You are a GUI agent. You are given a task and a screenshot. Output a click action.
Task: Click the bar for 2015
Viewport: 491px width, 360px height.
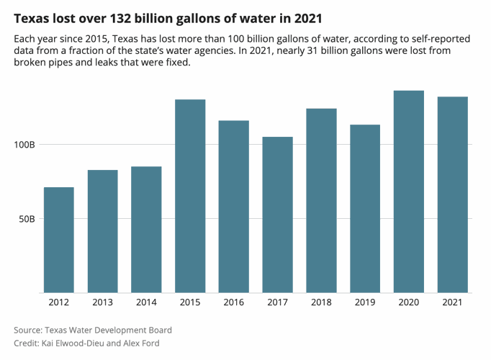pos(190,196)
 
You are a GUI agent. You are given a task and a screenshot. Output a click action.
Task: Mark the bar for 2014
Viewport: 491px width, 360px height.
pos(146,230)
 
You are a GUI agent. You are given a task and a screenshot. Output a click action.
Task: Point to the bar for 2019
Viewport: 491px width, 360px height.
pos(365,209)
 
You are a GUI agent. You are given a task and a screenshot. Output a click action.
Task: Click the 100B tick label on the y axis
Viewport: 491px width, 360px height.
pos(24,145)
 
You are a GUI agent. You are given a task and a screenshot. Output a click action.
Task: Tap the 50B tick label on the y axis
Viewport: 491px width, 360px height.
pos(27,219)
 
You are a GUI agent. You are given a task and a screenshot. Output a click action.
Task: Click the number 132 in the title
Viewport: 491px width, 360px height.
pos(121,17)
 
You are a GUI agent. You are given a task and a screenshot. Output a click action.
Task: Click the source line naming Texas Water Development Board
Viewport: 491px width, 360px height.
pos(93,330)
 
